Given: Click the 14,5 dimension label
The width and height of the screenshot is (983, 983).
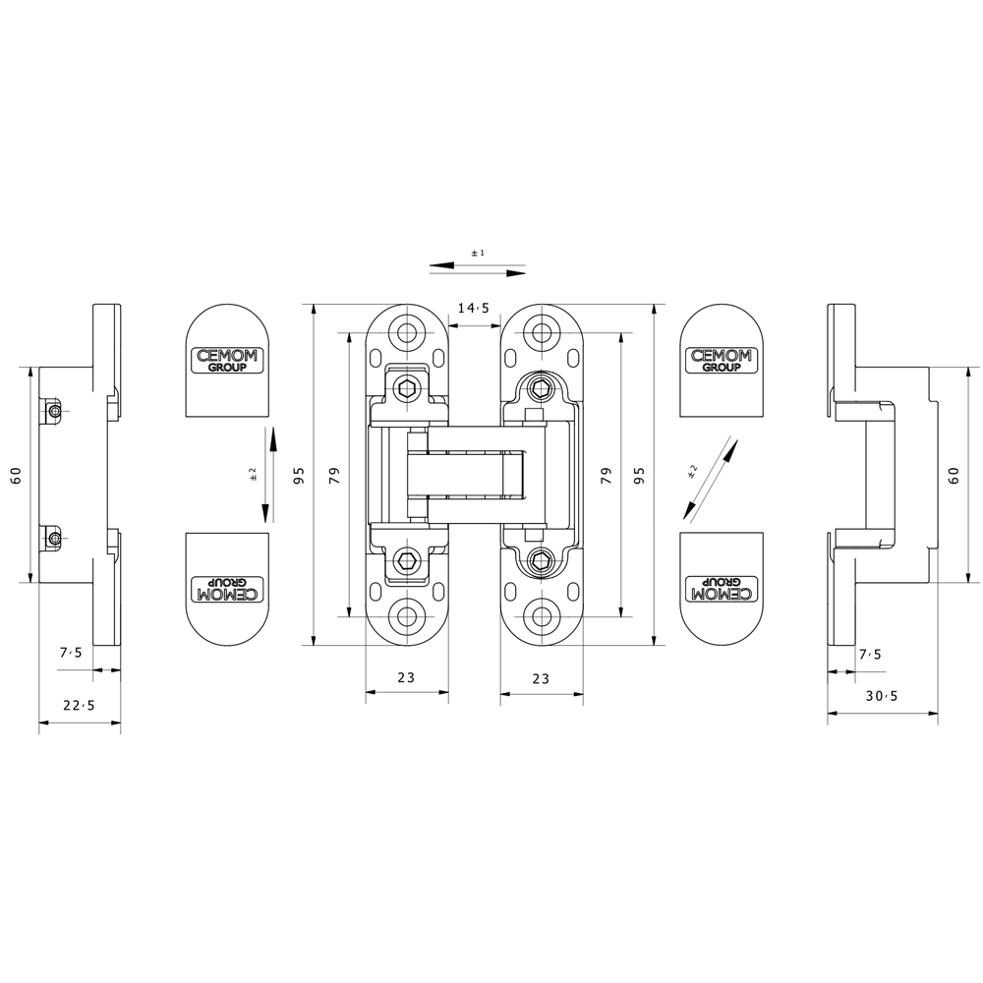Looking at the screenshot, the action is (474, 308).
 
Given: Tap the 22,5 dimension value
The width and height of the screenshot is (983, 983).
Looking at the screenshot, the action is (79, 705).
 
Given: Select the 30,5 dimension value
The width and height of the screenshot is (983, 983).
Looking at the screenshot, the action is (882, 696).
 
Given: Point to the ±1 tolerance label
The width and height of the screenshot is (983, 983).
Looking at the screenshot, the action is (478, 253).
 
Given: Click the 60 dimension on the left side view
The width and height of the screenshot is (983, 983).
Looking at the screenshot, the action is (17, 475).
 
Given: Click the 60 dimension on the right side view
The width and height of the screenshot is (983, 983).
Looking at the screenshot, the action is (954, 476).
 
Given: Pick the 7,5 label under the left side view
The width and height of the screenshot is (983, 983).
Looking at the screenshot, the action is (71, 653).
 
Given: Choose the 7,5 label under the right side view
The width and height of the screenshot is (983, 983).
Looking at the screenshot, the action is (870, 655).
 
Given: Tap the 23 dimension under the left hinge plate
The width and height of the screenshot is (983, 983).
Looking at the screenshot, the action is (406, 677).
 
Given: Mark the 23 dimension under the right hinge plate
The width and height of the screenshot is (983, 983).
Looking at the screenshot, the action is (541, 678).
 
